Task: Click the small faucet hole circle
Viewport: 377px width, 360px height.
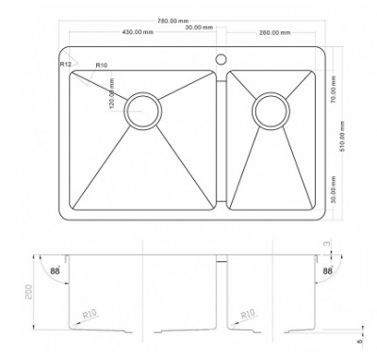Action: (x=221, y=60)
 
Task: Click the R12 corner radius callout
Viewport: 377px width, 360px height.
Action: (x=66, y=64)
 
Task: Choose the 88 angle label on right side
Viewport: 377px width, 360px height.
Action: (x=328, y=272)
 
